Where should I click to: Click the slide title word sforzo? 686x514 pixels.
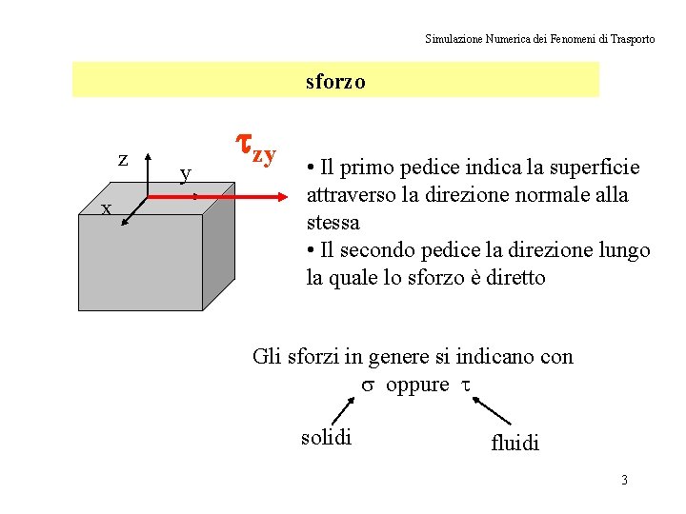[335, 82]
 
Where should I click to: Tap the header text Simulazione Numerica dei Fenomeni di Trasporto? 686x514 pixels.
[539, 39]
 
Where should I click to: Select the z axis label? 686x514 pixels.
[123, 159]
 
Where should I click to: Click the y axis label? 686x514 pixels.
[187, 173]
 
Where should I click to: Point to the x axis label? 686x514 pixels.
[107, 208]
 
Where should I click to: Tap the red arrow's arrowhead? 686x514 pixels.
[278, 198]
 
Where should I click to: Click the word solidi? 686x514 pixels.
[326, 437]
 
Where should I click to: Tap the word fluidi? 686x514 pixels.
[514, 443]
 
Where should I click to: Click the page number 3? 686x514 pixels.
[624, 479]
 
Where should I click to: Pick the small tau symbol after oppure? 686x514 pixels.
[466, 385]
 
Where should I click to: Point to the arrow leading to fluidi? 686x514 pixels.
[494, 411]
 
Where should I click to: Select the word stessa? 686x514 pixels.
[333, 223]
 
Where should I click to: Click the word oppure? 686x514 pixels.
[417, 385]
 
